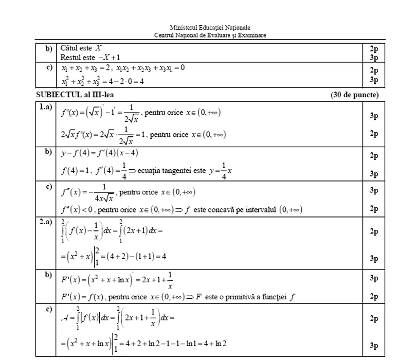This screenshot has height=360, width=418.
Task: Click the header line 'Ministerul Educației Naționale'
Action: click(x=210, y=27)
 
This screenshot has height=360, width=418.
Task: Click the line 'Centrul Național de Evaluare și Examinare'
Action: click(x=210, y=35)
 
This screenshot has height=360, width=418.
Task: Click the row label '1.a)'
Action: click(x=45, y=107)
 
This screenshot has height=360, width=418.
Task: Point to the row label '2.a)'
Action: click(x=45, y=222)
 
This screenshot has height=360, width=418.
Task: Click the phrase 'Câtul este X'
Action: click(x=81, y=48)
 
